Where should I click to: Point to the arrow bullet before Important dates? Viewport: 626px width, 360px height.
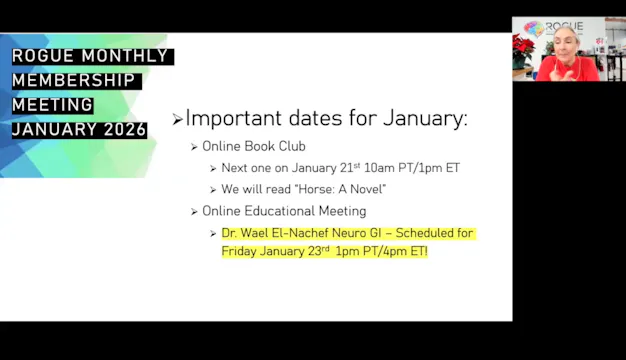point(177,120)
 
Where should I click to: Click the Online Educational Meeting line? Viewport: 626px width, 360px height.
point(284,211)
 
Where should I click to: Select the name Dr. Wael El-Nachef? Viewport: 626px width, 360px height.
point(272,233)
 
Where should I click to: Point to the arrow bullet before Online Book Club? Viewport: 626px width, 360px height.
point(195,147)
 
